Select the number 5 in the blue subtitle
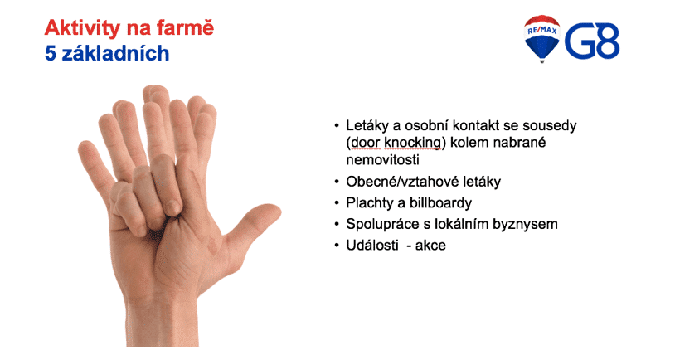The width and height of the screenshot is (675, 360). coord(51,53)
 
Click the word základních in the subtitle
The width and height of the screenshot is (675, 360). coord(115,53)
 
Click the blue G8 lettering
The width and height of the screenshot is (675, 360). coord(592,41)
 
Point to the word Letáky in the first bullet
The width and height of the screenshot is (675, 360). coord(367,126)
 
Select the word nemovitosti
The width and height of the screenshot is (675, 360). coord(382,160)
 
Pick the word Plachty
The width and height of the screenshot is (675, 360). coord(369,203)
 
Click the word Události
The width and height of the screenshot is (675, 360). coord(372,245)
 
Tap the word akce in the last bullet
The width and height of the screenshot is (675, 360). coord(430,245)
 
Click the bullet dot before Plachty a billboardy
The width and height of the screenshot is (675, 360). coord(337,203)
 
